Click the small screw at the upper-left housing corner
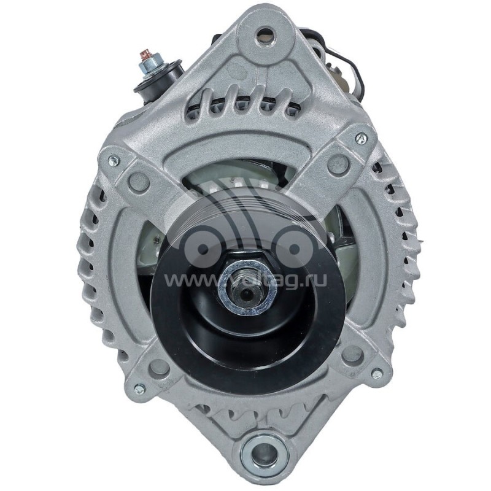113,161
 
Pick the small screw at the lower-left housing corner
139,389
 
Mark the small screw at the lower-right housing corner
376,373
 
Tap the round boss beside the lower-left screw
159,367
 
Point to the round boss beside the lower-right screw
352,354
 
